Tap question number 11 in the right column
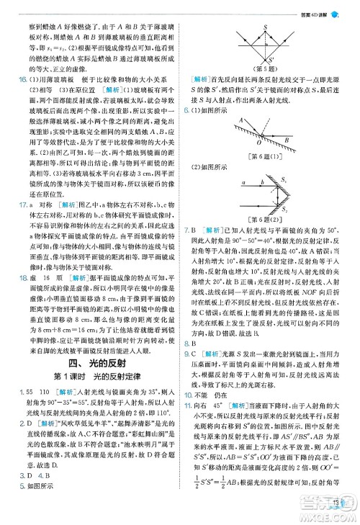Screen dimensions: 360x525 (187, 427)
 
